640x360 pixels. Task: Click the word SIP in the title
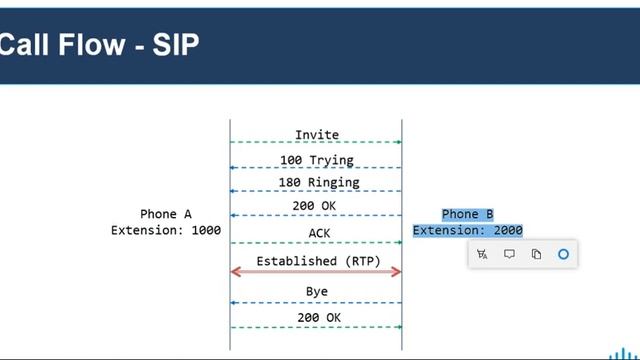[176, 44]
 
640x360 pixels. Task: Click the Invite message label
[317, 135]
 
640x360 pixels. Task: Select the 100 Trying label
[317, 160]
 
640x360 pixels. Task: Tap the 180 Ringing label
[317, 183]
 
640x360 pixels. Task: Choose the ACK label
[317, 234]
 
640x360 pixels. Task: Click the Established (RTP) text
[311, 260]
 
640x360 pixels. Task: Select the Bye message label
[317, 292]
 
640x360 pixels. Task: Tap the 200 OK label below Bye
[317, 318]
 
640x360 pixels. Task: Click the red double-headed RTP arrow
[316, 272]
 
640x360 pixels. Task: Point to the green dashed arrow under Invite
[316, 143]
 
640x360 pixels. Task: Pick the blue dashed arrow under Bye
[316, 302]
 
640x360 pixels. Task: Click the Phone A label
[166, 215]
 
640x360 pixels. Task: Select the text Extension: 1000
[166, 231]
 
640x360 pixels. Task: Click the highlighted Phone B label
[468, 214]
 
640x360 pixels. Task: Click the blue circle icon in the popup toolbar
[563, 255]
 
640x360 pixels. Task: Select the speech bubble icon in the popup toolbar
[509, 255]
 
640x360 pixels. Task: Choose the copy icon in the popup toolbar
[536, 255]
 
